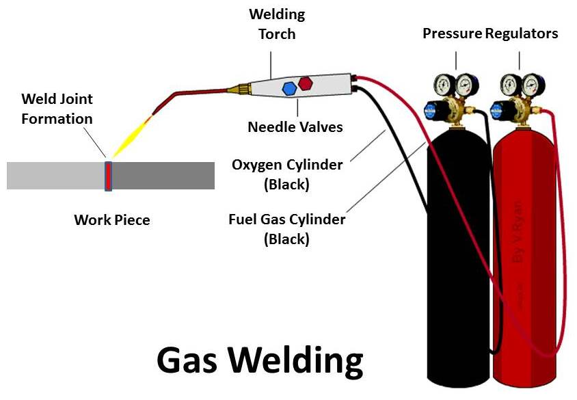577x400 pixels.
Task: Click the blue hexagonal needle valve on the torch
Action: tap(289, 88)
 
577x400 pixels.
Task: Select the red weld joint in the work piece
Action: tap(108, 176)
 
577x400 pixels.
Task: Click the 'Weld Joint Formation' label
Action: tap(57, 109)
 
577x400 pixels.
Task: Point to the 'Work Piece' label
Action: tap(111, 220)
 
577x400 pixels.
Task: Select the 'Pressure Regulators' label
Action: tap(490, 34)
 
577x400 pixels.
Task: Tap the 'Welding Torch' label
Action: tap(277, 24)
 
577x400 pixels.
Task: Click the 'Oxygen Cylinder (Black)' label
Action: tap(287, 174)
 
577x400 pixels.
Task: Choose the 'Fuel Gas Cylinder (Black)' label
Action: tap(286, 229)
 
